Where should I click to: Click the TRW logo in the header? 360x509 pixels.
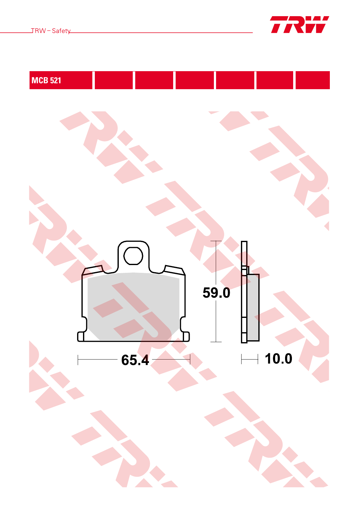point(299,25)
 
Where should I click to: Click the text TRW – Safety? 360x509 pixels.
point(51,31)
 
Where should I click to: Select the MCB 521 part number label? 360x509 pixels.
point(46,80)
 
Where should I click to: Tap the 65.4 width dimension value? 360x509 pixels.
point(135,360)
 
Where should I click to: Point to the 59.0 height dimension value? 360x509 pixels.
point(216,293)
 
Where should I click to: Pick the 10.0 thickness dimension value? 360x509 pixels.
point(279,359)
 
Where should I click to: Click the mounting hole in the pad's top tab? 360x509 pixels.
point(133,256)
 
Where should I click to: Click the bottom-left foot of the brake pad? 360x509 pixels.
point(81,337)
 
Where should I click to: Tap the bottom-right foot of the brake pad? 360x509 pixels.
point(186,337)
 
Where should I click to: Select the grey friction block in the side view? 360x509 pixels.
point(253,308)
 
